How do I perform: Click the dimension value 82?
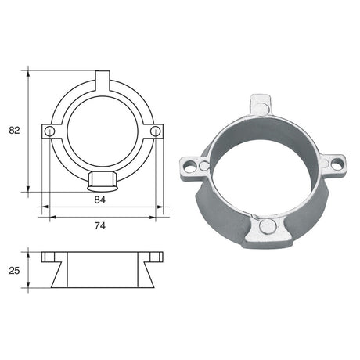[13, 130]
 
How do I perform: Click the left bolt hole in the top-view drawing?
[50, 131]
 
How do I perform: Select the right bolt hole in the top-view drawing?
[155, 131]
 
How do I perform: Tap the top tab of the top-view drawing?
[103, 81]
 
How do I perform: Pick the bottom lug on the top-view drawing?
[103, 182]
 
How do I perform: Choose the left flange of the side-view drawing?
[48, 256]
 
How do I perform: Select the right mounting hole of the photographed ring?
[337, 164]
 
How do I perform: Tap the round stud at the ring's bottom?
[266, 228]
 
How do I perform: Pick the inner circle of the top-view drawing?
[103, 131]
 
